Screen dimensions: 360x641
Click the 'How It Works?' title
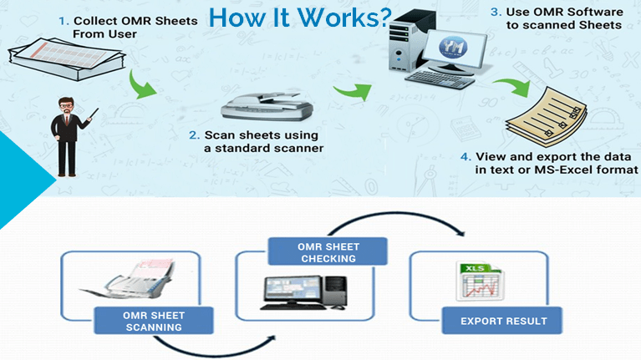tap(300, 18)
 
